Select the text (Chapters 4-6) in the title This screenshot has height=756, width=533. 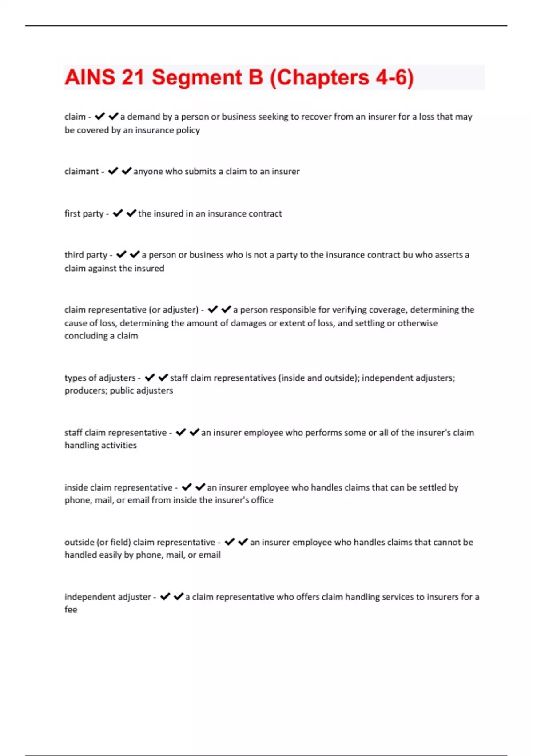coord(342,77)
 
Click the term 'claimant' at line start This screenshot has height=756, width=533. coord(82,172)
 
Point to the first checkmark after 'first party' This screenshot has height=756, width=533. coord(118,213)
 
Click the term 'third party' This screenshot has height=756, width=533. coord(86,255)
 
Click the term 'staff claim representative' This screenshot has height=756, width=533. coord(115,433)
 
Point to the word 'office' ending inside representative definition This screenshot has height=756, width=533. coord(262,500)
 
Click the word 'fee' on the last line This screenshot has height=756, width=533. coord(71,610)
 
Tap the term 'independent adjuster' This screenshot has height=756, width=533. coord(107,597)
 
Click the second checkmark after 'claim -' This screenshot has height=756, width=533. coord(113,117)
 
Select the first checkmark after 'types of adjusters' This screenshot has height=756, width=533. coord(150,378)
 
